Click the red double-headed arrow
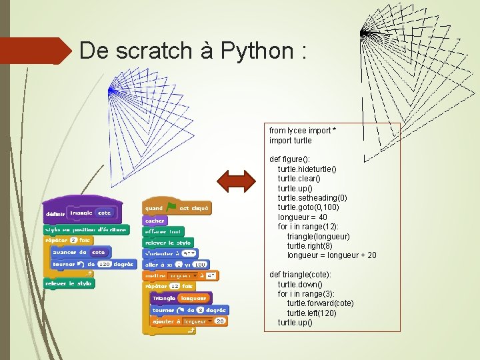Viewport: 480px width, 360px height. pyautogui.click(x=237, y=181)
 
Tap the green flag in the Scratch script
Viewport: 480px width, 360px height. pyautogui.click(x=171, y=208)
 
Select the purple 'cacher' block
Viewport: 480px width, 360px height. pyautogui.click(x=154, y=221)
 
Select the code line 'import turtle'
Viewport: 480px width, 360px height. pyautogui.click(x=290, y=141)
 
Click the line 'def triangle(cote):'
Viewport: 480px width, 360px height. pyautogui.click(x=300, y=275)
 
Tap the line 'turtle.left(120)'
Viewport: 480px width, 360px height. pyautogui.click(x=311, y=313)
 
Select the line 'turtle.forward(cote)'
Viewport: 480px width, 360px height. pyautogui.click(x=320, y=303)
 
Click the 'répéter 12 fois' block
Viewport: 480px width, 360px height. pyautogui.click(x=163, y=286)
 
